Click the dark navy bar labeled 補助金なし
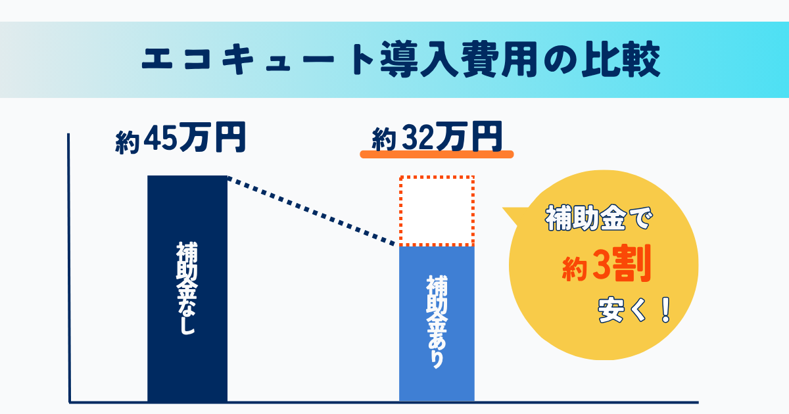click(187, 288)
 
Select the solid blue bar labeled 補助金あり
click(437, 323)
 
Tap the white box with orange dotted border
click(437, 210)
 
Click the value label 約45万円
click(180, 137)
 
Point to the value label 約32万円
click(437, 137)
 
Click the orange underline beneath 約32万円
click(437, 154)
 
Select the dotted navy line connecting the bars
click(312, 211)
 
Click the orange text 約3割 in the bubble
click(606, 264)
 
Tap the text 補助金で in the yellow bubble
click(599, 218)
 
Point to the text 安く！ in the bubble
click(634, 310)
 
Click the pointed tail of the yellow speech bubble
click(504, 209)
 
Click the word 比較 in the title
click(621, 59)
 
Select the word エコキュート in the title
click(258, 59)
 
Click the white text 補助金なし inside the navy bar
click(187, 288)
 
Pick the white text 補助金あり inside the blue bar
click(437, 322)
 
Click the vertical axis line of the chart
click(69, 267)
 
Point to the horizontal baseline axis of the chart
click(383, 402)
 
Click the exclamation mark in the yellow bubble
click(665, 310)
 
